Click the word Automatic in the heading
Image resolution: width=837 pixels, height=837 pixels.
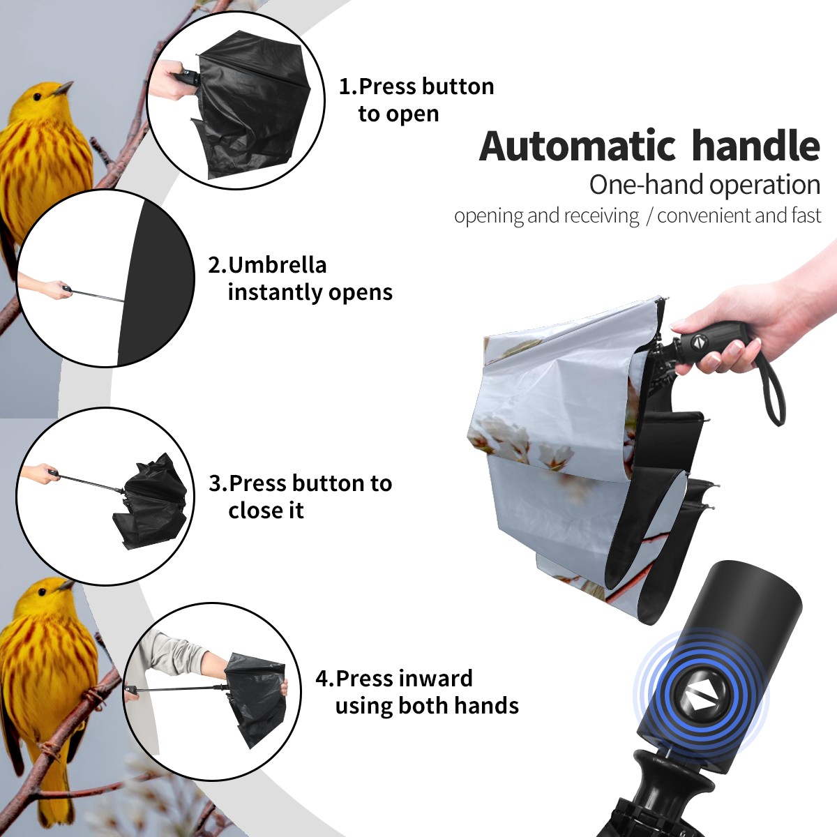[x=578, y=146]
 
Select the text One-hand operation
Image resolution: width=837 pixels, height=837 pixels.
[x=704, y=186]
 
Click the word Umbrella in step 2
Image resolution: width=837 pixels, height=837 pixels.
[x=277, y=265]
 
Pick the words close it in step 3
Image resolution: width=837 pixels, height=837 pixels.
[x=266, y=510]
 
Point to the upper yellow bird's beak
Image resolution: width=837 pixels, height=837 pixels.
[x=63, y=88]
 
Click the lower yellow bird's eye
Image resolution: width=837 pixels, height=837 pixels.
[x=42, y=591]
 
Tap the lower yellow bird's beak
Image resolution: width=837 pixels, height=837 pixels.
[x=66, y=585]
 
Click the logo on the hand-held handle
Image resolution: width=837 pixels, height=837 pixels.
[x=697, y=342]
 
